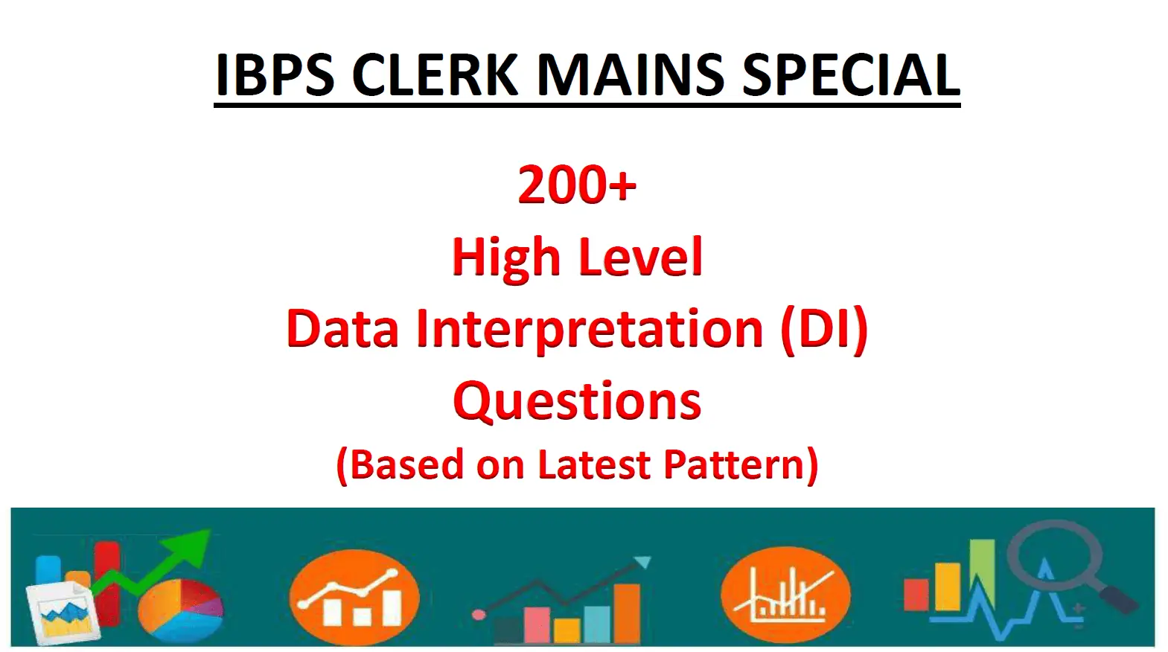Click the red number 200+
point(577,185)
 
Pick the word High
point(505,258)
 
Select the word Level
point(640,258)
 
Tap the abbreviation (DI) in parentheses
point(824,328)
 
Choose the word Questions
point(577,400)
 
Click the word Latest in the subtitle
point(593,464)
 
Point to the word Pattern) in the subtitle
point(741,464)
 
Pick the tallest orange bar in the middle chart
point(628,612)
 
